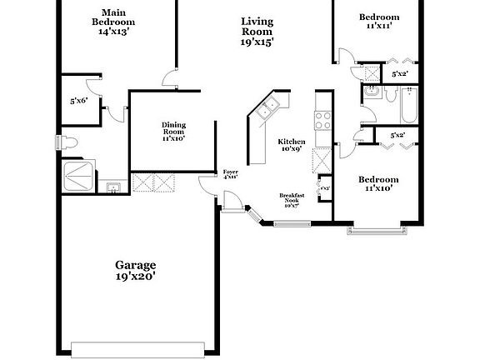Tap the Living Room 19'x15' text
(257, 31)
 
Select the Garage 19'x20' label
(134, 269)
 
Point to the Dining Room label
(173, 132)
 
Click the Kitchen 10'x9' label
(292, 146)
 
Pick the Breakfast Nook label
(292, 200)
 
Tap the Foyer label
(230, 174)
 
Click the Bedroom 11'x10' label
(378, 184)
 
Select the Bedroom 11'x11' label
(379, 22)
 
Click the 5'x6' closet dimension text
(80, 101)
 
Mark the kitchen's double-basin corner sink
(268, 107)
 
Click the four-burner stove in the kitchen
(322, 121)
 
